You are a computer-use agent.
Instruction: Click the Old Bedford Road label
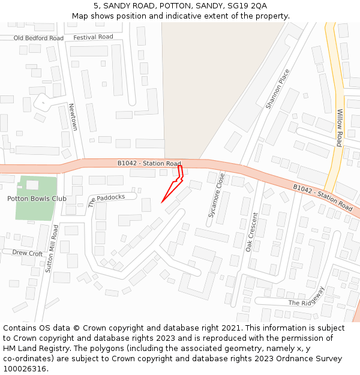(x=38, y=38)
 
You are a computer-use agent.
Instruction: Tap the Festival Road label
(x=93, y=37)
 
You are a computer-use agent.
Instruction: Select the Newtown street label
(x=73, y=117)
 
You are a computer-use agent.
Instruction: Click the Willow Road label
(x=339, y=128)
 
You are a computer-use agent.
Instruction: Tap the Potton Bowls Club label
(x=37, y=199)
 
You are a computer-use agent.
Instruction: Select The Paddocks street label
(x=107, y=200)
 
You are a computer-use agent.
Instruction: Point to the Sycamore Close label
(x=216, y=195)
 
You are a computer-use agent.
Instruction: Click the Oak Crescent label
(x=252, y=232)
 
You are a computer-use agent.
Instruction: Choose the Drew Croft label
(x=28, y=253)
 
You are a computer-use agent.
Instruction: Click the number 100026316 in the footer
(x=24, y=369)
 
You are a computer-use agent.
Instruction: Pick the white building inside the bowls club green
(x=32, y=184)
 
